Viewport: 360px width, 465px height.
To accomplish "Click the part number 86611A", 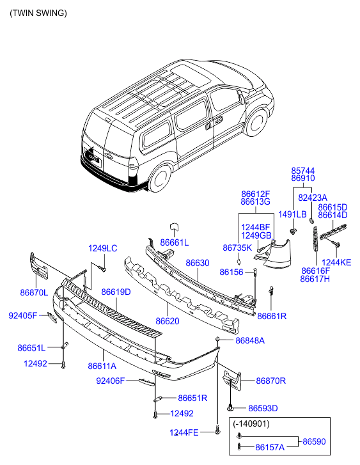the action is click(102, 366).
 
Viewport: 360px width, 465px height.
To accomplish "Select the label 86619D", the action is click(116, 292).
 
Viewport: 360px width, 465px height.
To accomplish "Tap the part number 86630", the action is click(198, 263).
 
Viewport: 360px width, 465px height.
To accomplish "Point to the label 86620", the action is click(168, 321).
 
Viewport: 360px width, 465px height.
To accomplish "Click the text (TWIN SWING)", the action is click(38, 13).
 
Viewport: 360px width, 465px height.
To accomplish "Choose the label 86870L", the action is click(34, 293).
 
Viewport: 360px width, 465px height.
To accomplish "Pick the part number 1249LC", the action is click(102, 248).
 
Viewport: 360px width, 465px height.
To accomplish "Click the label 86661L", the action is click(175, 242).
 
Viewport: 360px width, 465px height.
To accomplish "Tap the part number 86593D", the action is click(263, 408).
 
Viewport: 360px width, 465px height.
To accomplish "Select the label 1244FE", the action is click(184, 432).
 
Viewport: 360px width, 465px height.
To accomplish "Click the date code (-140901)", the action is click(251, 424).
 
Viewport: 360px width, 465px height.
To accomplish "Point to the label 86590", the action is click(314, 441).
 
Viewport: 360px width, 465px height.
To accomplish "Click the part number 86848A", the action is click(250, 340).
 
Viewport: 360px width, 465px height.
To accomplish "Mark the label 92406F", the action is click(111, 381).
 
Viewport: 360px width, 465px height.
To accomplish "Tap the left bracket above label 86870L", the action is click(39, 266).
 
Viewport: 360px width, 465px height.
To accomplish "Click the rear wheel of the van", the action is click(160, 179).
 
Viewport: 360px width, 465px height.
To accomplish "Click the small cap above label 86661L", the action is click(174, 227).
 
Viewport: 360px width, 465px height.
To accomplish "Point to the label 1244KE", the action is click(336, 262).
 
